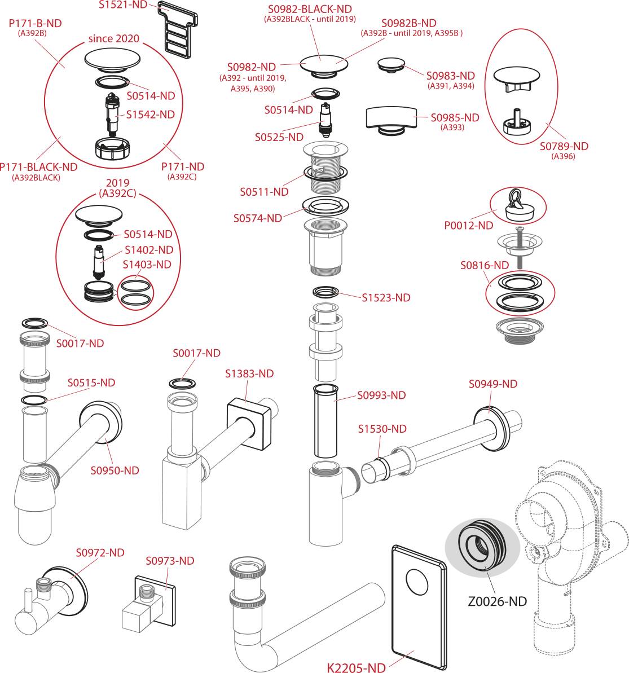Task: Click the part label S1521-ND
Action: pyautogui.click(x=122, y=5)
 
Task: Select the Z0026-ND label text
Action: pyautogui.click(x=497, y=601)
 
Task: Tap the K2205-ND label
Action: pyautogui.click(x=357, y=667)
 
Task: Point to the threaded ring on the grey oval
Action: pyautogui.click(x=481, y=546)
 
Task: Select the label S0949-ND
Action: pyautogui.click(x=492, y=384)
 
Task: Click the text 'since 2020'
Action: pyautogui.click(x=113, y=38)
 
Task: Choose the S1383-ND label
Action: pyautogui.click(x=249, y=373)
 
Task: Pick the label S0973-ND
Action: pyautogui.click(x=170, y=561)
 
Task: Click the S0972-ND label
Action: pyautogui.click(x=100, y=552)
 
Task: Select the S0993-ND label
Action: pyautogui.click(x=381, y=395)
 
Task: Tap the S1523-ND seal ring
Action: pyautogui.click(x=326, y=292)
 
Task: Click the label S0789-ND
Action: pyautogui.click(x=564, y=146)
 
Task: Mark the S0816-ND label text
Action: pyautogui.click(x=484, y=265)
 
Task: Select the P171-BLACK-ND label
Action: pyautogui.click(x=38, y=167)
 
